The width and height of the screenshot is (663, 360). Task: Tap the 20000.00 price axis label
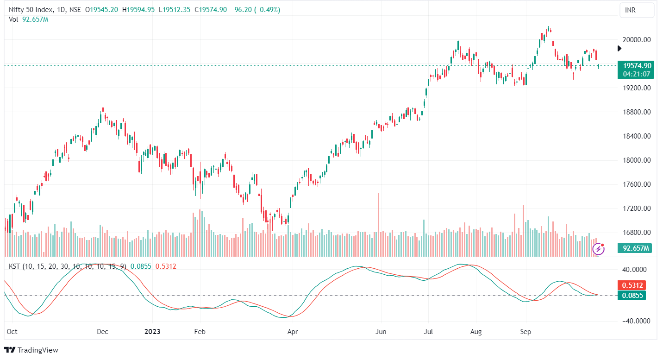point(637,40)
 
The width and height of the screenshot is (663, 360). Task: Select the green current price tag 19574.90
point(637,66)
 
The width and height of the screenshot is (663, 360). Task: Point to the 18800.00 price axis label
point(637,112)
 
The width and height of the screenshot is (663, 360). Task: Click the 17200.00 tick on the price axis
point(637,208)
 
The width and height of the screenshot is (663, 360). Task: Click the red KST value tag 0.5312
point(633,285)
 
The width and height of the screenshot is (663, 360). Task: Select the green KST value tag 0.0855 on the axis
point(633,295)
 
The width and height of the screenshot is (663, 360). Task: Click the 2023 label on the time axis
point(152,332)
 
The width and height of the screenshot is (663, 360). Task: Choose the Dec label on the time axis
point(103,332)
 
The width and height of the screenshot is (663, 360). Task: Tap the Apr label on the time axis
point(292,332)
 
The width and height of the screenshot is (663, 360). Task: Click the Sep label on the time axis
point(525,332)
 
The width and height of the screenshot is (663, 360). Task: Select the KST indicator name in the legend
point(15,266)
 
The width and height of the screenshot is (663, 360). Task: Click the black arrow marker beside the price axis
point(620,48)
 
